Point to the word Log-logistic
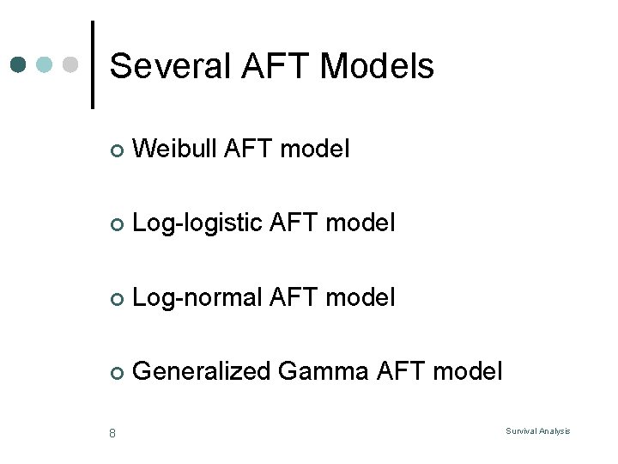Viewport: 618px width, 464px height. point(198,223)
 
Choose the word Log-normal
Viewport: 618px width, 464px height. point(198,297)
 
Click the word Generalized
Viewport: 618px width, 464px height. point(203,371)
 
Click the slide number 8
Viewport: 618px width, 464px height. point(112,432)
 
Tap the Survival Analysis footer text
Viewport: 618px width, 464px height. point(538,431)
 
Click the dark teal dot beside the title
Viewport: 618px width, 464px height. point(19,64)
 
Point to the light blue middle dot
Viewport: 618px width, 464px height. point(45,64)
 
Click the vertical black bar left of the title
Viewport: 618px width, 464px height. point(93,64)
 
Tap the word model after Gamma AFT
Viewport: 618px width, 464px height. point(468,371)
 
